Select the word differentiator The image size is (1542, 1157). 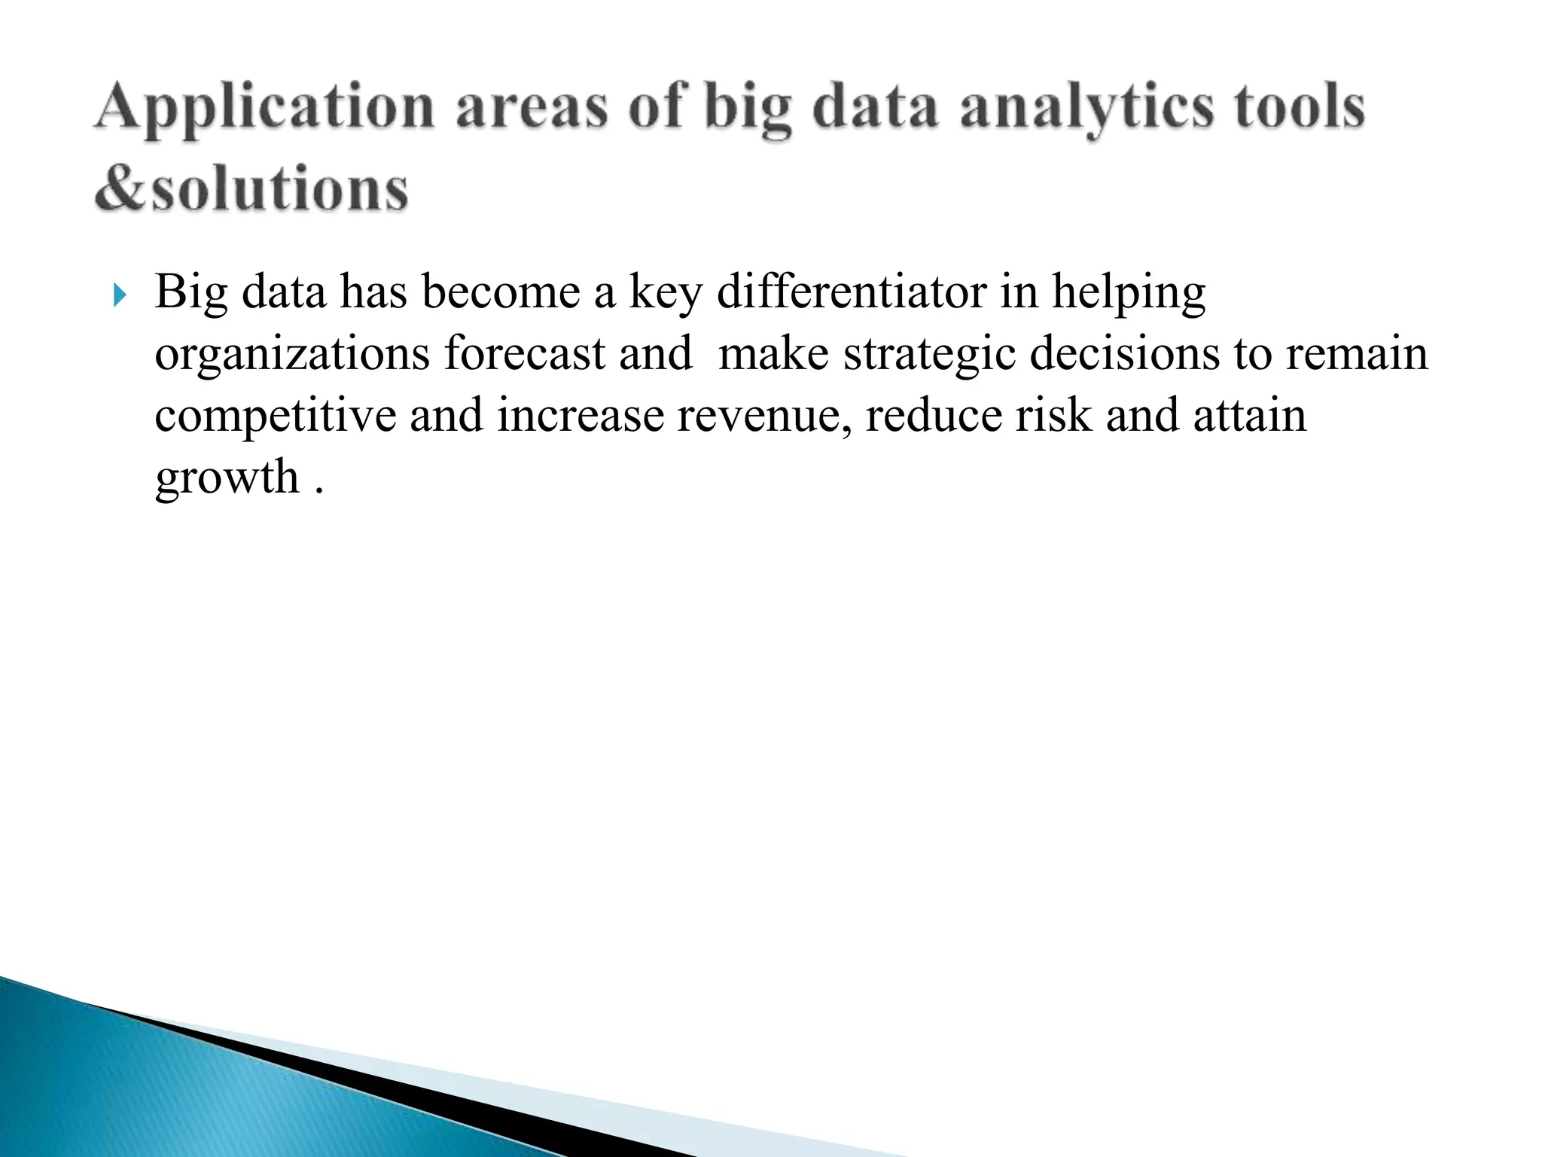pos(852,292)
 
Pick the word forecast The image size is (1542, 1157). pos(525,354)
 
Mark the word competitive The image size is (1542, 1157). pos(276,417)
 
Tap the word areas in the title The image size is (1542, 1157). pos(532,108)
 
